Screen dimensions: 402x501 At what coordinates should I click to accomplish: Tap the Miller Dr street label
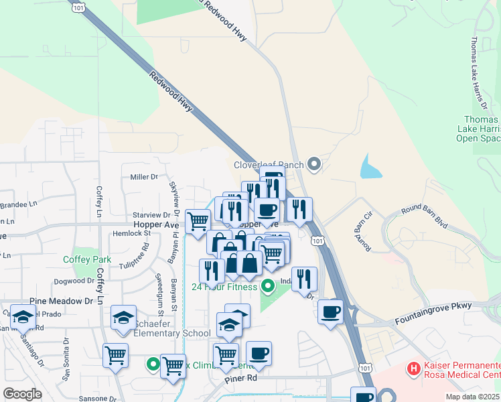[x=144, y=177]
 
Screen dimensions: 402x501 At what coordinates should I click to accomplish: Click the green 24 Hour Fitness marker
[x=269, y=287]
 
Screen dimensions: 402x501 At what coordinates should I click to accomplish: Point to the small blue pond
[x=370, y=167]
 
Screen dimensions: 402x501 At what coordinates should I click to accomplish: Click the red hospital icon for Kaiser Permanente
[x=414, y=368]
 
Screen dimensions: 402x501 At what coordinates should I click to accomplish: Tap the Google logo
[x=22, y=393]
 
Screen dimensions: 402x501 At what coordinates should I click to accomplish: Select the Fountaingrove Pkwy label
[x=435, y=306]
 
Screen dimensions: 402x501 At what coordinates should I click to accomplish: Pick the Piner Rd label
[x=242, y=378]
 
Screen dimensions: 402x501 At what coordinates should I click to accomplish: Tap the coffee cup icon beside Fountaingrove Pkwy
[x=330, y=312]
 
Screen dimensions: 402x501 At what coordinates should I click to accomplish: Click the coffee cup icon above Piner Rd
[x=259, y=353]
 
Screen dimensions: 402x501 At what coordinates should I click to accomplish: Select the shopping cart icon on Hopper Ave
[x=198, y=220]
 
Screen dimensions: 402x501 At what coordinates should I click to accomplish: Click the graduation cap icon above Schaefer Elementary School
[x=123, y=317]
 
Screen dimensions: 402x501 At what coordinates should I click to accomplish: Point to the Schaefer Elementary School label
[x=172, y=334]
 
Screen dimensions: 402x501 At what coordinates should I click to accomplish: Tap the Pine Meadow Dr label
[x=61, y=301]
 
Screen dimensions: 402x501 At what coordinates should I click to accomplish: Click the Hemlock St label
[x=137, y=233]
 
